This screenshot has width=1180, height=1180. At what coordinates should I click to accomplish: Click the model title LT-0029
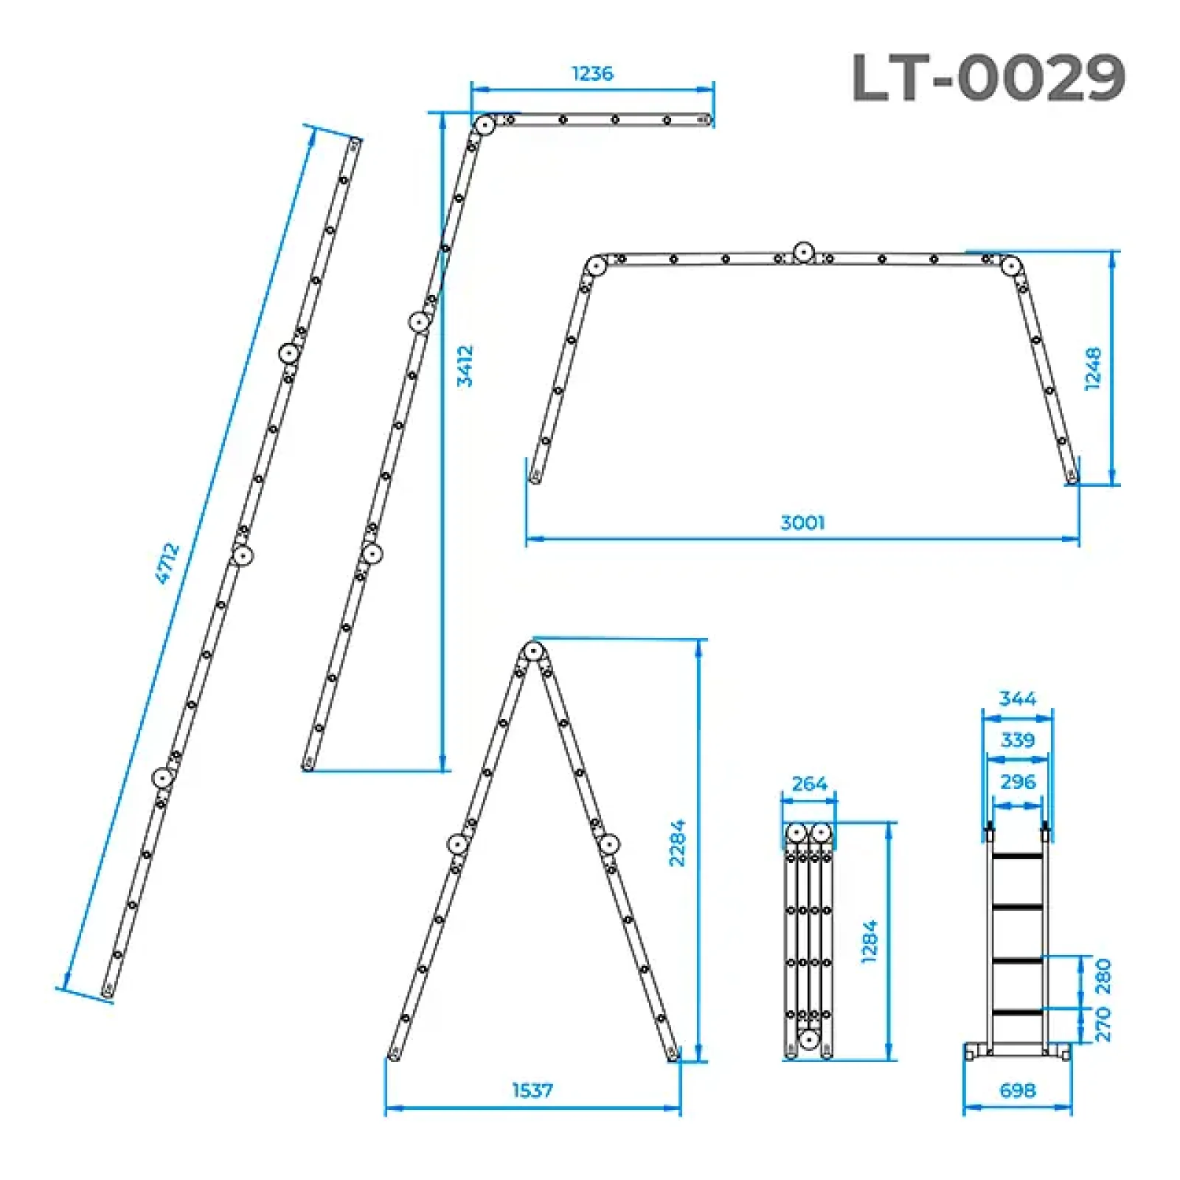tap(988, 77)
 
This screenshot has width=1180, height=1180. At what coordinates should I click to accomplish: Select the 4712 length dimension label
tap(168, 564)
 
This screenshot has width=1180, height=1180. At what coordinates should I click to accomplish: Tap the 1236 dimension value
tap(592, 74)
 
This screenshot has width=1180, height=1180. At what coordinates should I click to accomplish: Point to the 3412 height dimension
tap(465, 366)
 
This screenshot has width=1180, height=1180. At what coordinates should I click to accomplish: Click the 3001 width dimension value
tap(802, 523)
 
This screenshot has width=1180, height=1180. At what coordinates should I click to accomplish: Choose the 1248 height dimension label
tap(1093, 369)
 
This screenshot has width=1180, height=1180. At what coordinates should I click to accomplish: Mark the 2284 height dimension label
tap(677, 842)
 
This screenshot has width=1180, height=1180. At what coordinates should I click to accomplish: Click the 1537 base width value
tap(532, 1090)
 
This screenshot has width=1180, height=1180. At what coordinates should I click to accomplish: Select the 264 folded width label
tap(809, 783)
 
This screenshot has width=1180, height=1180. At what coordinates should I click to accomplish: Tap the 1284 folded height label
tap(870, 942)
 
